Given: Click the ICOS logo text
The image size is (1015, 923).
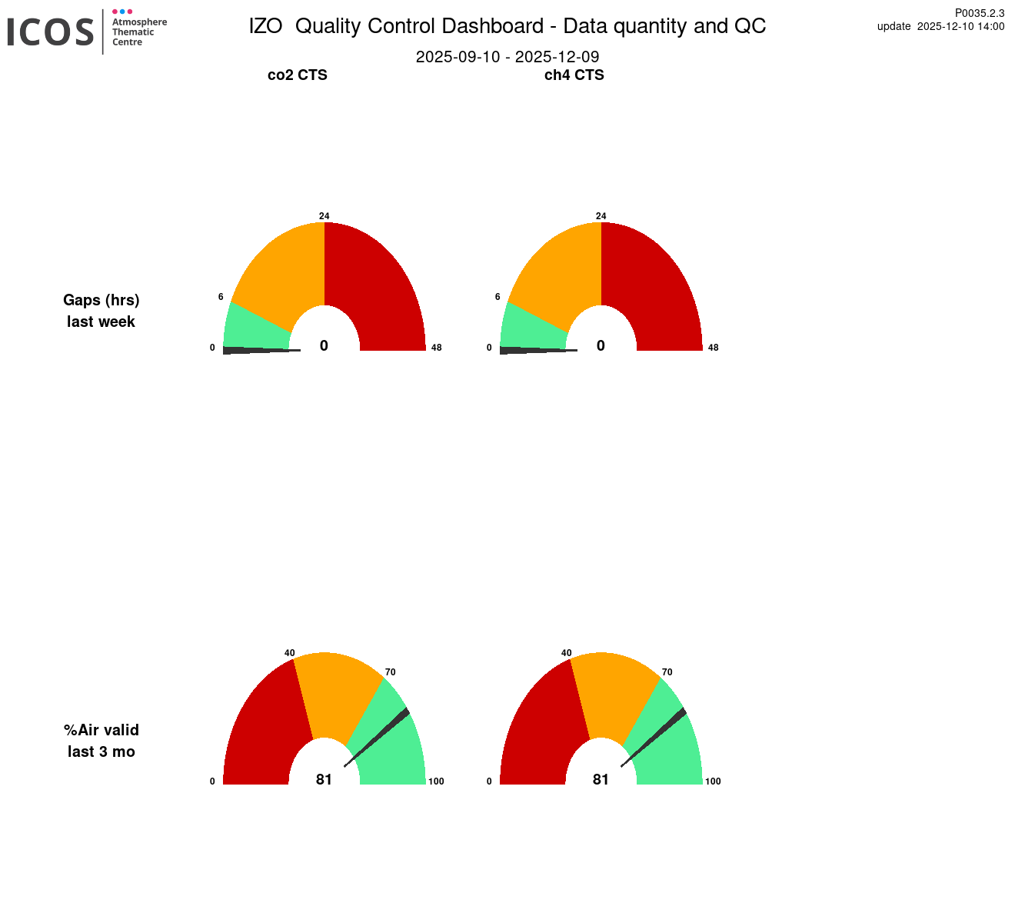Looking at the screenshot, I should point(51,32).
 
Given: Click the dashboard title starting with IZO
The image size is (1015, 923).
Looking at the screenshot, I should point(507,26).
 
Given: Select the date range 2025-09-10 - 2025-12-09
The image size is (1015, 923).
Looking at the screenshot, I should point(507,57).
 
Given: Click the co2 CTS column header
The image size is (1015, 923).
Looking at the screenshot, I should point(297,75).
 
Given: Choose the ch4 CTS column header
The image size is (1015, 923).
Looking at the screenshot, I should point(574,75).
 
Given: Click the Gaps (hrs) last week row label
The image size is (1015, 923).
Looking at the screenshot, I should point(101,311).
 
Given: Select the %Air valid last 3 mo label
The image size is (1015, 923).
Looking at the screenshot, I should point(101,741).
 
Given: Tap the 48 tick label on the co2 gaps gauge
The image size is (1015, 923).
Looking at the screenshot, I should point(436,348).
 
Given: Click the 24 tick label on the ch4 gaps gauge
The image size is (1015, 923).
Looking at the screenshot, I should point(601,216).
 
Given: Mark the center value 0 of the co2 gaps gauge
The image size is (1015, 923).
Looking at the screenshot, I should point(324,346).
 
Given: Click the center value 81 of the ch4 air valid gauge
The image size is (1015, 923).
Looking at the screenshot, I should point(601,780).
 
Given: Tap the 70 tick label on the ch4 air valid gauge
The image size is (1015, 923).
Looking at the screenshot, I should point(667,672).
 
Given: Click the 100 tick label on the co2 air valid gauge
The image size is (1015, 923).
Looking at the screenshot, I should point(436,781).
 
